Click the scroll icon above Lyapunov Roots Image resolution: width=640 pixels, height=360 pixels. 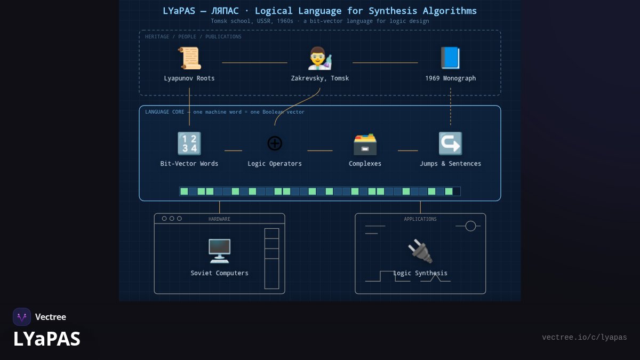(189, 58)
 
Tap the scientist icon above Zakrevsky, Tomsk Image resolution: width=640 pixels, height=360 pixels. (319, 58)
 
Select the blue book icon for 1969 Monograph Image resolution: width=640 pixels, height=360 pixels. (450, 58)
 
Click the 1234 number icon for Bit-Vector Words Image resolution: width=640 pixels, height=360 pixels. (189, 143)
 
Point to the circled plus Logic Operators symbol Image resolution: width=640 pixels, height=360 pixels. (275, 143)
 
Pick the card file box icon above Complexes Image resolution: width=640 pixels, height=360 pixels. (365, 144)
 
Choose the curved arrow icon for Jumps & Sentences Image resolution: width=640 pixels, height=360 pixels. (450, 143)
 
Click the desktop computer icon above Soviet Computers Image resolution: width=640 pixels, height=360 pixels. (219, 251)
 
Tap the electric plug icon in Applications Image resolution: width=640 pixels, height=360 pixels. (420, 251)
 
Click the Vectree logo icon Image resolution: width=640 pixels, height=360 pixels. (22, 317)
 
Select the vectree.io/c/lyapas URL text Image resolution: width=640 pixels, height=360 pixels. (585, 338)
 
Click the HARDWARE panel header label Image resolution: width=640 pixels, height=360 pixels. (219, 219)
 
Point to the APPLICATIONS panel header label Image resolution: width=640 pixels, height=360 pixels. (420, 219)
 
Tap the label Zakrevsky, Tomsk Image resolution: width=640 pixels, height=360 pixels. (319, 78)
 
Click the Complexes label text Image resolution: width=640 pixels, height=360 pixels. (365, 164)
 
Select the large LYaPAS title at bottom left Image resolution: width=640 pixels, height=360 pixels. (47, 339)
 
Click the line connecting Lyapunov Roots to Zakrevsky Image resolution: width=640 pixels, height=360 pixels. (254, 62)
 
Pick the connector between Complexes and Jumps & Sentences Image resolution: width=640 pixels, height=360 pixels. (407, 150)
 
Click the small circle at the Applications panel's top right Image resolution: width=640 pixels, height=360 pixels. (470, 226)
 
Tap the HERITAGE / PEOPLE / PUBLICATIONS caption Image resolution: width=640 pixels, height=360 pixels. (193, 37)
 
